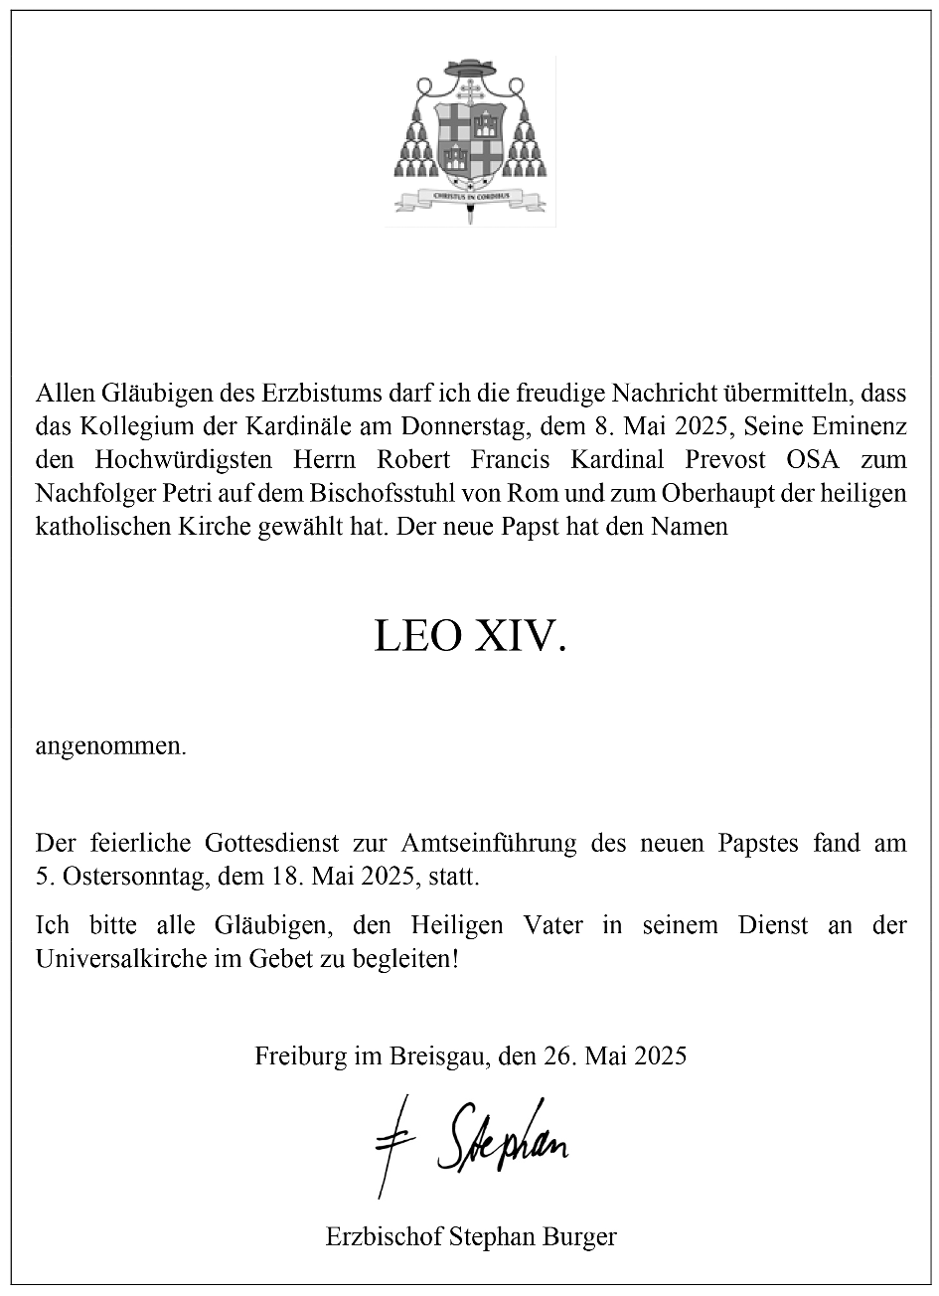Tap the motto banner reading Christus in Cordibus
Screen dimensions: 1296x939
(x=470, y=197)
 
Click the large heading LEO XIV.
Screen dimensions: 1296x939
(x=470, y=636)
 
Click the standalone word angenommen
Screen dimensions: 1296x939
(x=111, y=746)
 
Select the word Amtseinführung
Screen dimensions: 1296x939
(x=489, y=844)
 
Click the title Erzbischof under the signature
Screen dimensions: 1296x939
(x=383, y=1237)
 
